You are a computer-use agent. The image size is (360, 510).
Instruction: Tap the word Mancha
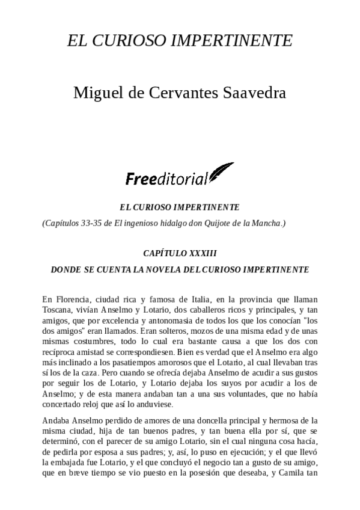click(x=266, y=223)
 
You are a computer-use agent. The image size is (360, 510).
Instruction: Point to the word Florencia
click(x=74, y=299)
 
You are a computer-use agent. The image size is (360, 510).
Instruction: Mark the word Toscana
click(x=58, y=310)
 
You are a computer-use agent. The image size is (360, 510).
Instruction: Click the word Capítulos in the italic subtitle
click(x=65, y=223)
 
